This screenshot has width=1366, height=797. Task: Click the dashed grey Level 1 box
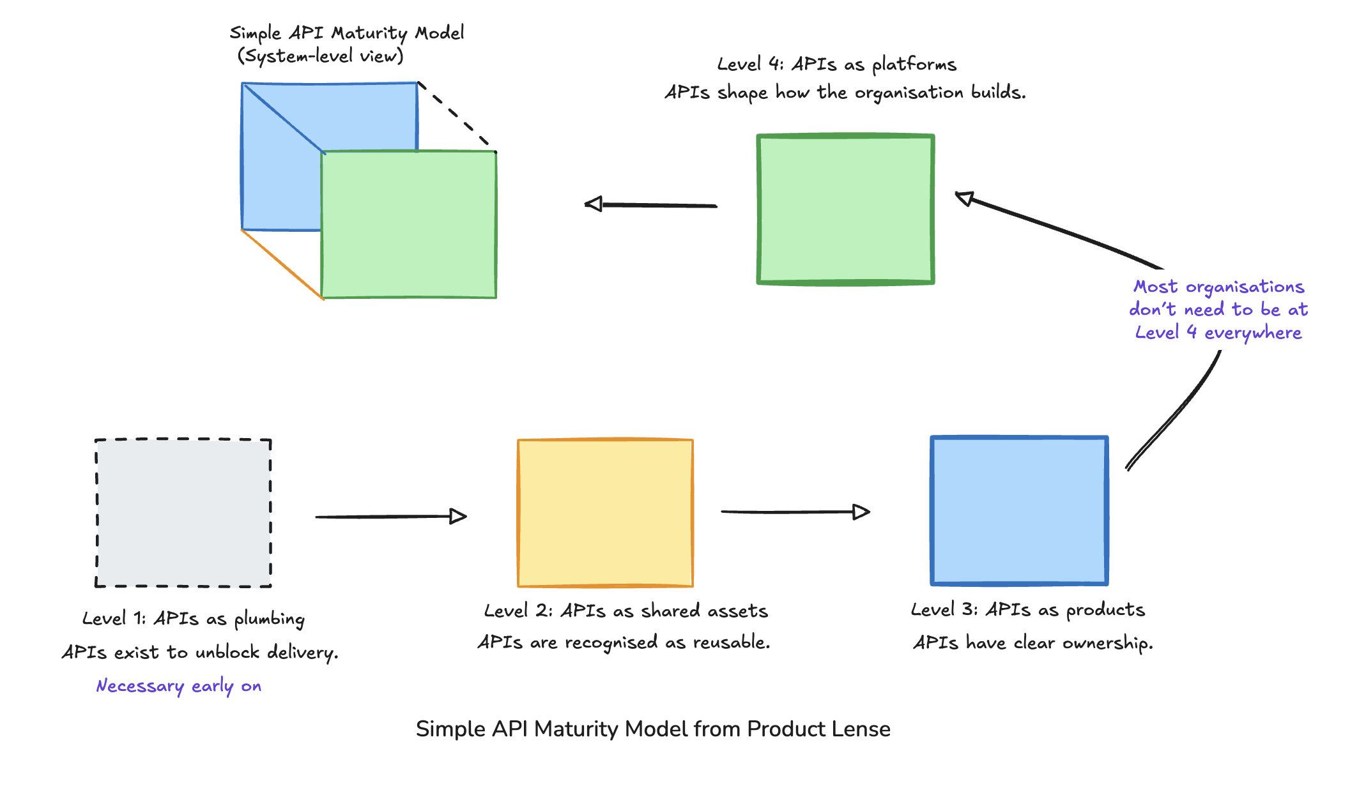(x=183, y=513)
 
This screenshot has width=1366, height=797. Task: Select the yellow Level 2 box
(x=605, y=513)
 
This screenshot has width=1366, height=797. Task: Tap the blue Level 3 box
(x=1019, y=511)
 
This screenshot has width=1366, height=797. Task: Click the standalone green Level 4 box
(x=845, y=209)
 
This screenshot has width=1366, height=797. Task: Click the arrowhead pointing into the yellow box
(x=459, y=516)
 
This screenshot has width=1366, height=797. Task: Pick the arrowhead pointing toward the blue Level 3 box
(x=861, y=512)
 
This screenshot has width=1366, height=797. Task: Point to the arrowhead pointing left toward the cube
(x=594, y=204)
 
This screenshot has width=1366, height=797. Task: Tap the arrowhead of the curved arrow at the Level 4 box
(x=964, y=198)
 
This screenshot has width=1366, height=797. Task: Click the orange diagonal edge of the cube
(x=282, y=264)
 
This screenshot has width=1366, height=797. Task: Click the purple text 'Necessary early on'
(x=179, y=686)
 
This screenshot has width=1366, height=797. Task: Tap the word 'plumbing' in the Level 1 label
(x=269, y=619)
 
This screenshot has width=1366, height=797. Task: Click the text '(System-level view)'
(x=320, y=56)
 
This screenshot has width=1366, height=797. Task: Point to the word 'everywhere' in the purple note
(x=1252, y=333)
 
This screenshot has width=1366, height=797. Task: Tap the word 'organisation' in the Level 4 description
(x=909, y=93)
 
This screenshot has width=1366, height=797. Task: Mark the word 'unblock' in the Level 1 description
(x=227, y=652)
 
